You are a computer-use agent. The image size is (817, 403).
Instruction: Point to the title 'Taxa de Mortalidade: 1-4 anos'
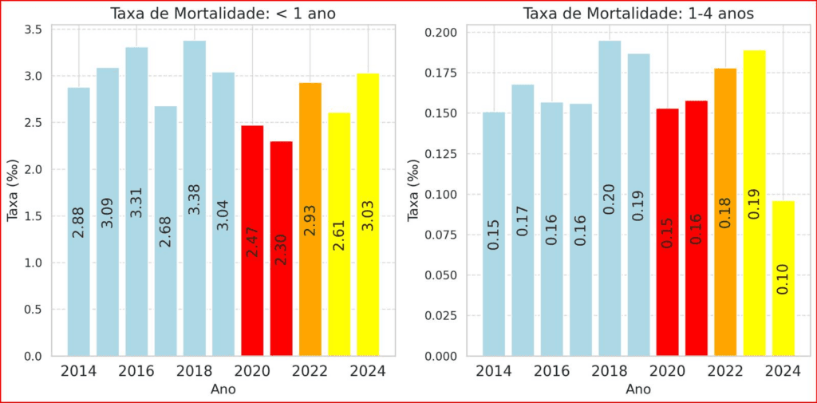pyautogui.click(x=638, y=14)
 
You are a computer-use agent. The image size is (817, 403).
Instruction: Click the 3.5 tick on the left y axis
pyautogui.click(x=34, y=30)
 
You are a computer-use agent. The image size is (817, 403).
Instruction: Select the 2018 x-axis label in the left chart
pyautogui.click(x=195, y=372)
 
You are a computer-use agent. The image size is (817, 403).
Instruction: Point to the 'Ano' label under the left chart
pyautogui.click(x=223, y=389)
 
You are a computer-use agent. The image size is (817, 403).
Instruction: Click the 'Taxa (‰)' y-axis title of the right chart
pyautogui.click(x=413, y=192)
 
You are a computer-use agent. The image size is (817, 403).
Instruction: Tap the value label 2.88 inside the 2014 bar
pyautogui.click(x=78, y=222)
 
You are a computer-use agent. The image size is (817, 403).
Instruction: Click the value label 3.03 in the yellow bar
pyautogui.click(x=368, y=215)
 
